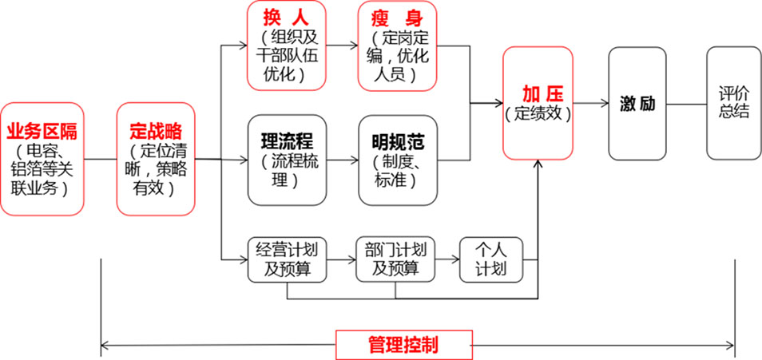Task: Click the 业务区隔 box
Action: tap(42, 159)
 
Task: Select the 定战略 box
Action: tap(156, 159)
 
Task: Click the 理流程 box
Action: tap(288, 160)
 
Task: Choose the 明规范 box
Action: tap(397, 160)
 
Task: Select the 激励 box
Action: tap(637, 103)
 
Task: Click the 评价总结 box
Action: tap(734, 103)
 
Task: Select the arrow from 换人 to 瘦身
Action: tap(343, 45)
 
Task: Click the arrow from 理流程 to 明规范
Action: tap(343, 160)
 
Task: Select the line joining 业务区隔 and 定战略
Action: tap(100, 159)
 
